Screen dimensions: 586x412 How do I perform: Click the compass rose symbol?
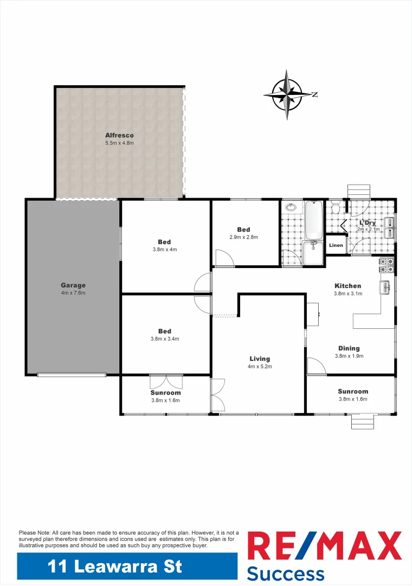[287, 94]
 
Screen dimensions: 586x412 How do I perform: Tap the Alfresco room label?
[119, 135]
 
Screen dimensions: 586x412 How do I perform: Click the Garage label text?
[73, 285]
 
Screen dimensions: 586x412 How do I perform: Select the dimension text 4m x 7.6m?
[73, 293]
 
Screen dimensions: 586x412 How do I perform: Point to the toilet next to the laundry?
[336, 208]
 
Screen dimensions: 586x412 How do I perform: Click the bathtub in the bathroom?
[314, 220]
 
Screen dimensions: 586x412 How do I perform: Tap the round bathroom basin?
[291, 207]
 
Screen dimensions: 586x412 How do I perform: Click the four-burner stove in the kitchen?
[387, 264]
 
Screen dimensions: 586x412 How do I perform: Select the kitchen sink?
[385, 288]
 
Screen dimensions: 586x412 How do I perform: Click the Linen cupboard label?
[336, 245]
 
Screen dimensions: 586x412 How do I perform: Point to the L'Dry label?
[367, 222]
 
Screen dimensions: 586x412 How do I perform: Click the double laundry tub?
[390, 227]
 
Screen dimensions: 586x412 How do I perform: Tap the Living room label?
[260, 359]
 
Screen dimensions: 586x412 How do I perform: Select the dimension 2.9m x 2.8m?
[243, 237]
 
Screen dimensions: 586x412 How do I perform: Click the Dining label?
[349, 348]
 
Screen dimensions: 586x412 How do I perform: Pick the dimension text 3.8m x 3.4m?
[165, 339]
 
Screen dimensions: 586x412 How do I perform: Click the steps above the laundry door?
[358, 192]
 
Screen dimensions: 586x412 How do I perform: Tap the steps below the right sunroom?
[362, 421]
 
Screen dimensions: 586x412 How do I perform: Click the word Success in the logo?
[286, 573]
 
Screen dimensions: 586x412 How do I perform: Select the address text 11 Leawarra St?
[115, 567]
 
